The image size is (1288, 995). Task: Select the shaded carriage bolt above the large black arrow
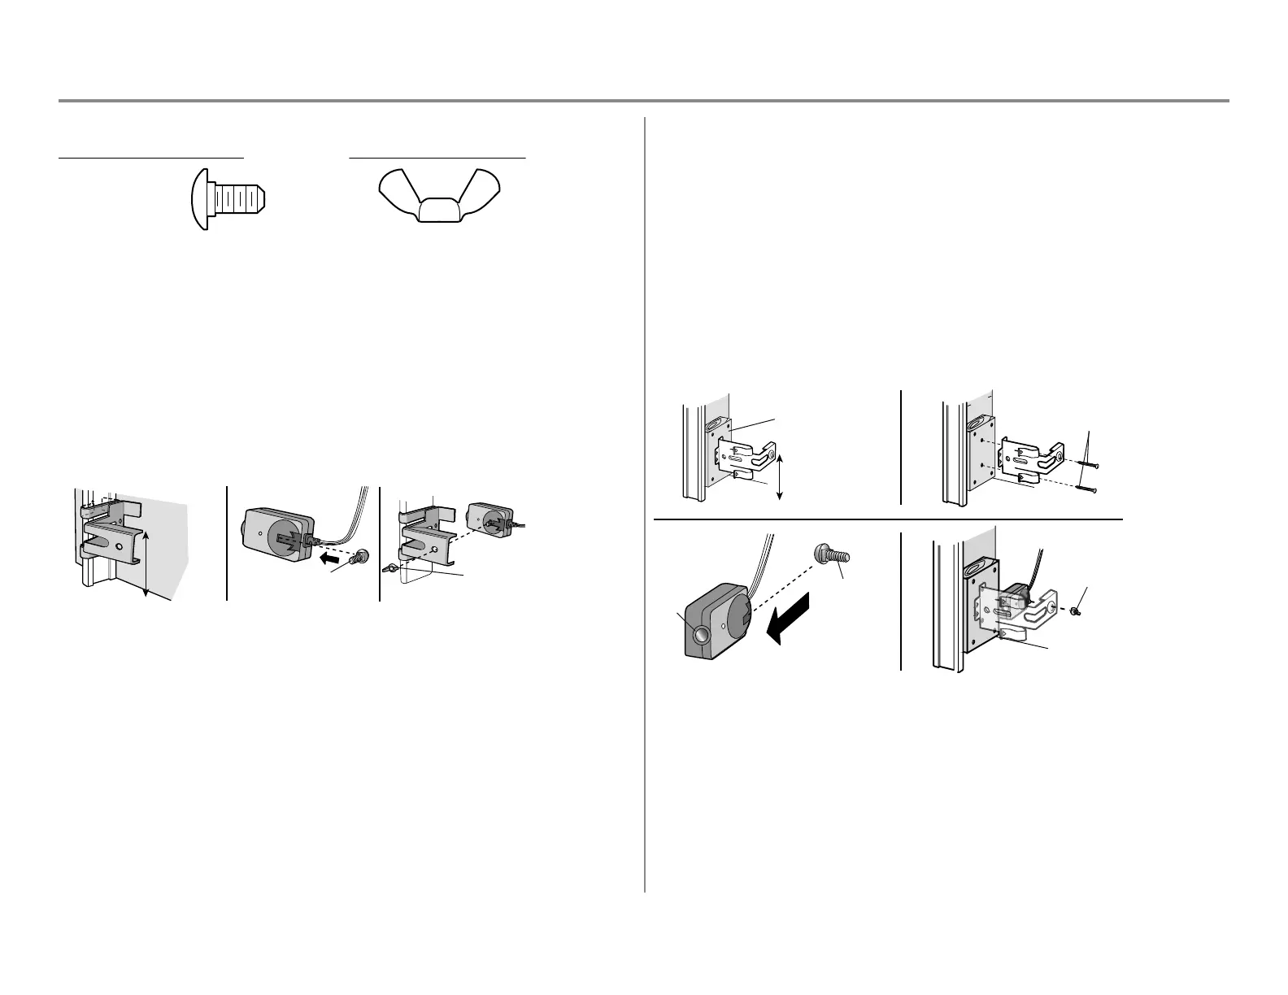coord(831,558)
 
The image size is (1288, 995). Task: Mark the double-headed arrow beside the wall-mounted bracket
coord(780,477)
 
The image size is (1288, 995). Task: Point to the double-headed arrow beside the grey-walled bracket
coord(146,564)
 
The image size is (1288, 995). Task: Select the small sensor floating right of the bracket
coord(490,521)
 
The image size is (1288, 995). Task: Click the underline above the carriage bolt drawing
coord(151,157)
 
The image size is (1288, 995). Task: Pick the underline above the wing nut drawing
coord(437,157)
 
